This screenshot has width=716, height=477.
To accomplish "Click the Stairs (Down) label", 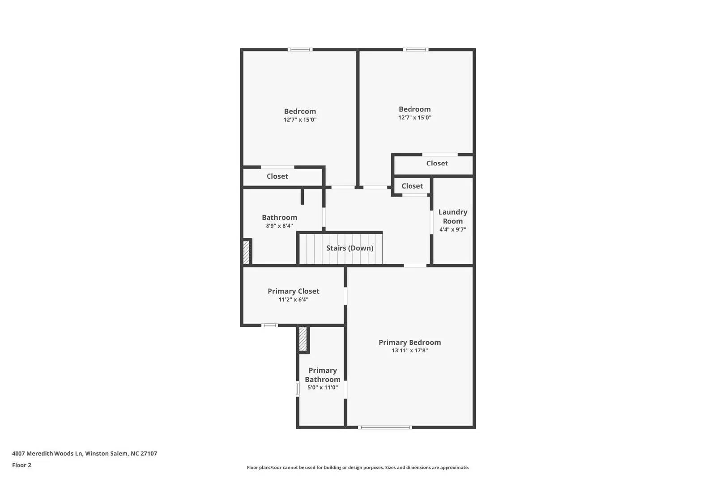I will pyautogui.click(x=349, y=248).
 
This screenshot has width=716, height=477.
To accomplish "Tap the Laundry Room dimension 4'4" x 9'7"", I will pyautogui.click(x=452, y=229).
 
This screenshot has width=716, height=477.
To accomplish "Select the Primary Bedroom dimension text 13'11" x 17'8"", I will pyautogui.click(x=409, y=350).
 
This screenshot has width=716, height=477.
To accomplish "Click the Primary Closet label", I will pyautogui.click(x=293, y=291).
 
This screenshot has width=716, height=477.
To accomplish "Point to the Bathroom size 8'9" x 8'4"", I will pyautogui.click(x=279, y=226).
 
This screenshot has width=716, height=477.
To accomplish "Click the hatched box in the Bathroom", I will pyautogui.click(x=246, y=252).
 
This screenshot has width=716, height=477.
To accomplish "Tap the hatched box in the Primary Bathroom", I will pyautogui.click(x=303, y=339).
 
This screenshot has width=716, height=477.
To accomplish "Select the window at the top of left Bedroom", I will pyautogui.click(x=300, y=50).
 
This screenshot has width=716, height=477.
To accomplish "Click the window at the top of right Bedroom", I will pyautogui.click(x=415, y=50).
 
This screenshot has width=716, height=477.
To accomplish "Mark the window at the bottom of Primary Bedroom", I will pyautogui.click(x=384, y=427).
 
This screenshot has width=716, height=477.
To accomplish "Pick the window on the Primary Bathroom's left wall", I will pyautogui.click(x=298, y=388).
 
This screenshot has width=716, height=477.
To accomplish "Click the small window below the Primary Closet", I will pyautogui.click(x=269, y=325).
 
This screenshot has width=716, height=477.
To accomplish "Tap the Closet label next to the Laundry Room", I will pyautogui.click(x=412, y=186).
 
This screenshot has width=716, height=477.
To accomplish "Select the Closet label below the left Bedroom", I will pyautogui.click(x=277, y=176).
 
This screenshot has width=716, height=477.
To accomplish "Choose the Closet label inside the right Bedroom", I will pyautogui.click(x=437, y=163).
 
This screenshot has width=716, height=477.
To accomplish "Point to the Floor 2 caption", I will pyautogui.click(x=21, y=465).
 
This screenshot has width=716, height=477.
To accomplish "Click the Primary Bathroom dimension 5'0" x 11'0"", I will pyautogui.click(x=322, y=388).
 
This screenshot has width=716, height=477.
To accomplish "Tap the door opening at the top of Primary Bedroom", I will pyautogui.click(x=415, y=266).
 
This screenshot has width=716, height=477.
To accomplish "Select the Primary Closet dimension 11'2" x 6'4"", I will pyautogui.click(x=293, y=300).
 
